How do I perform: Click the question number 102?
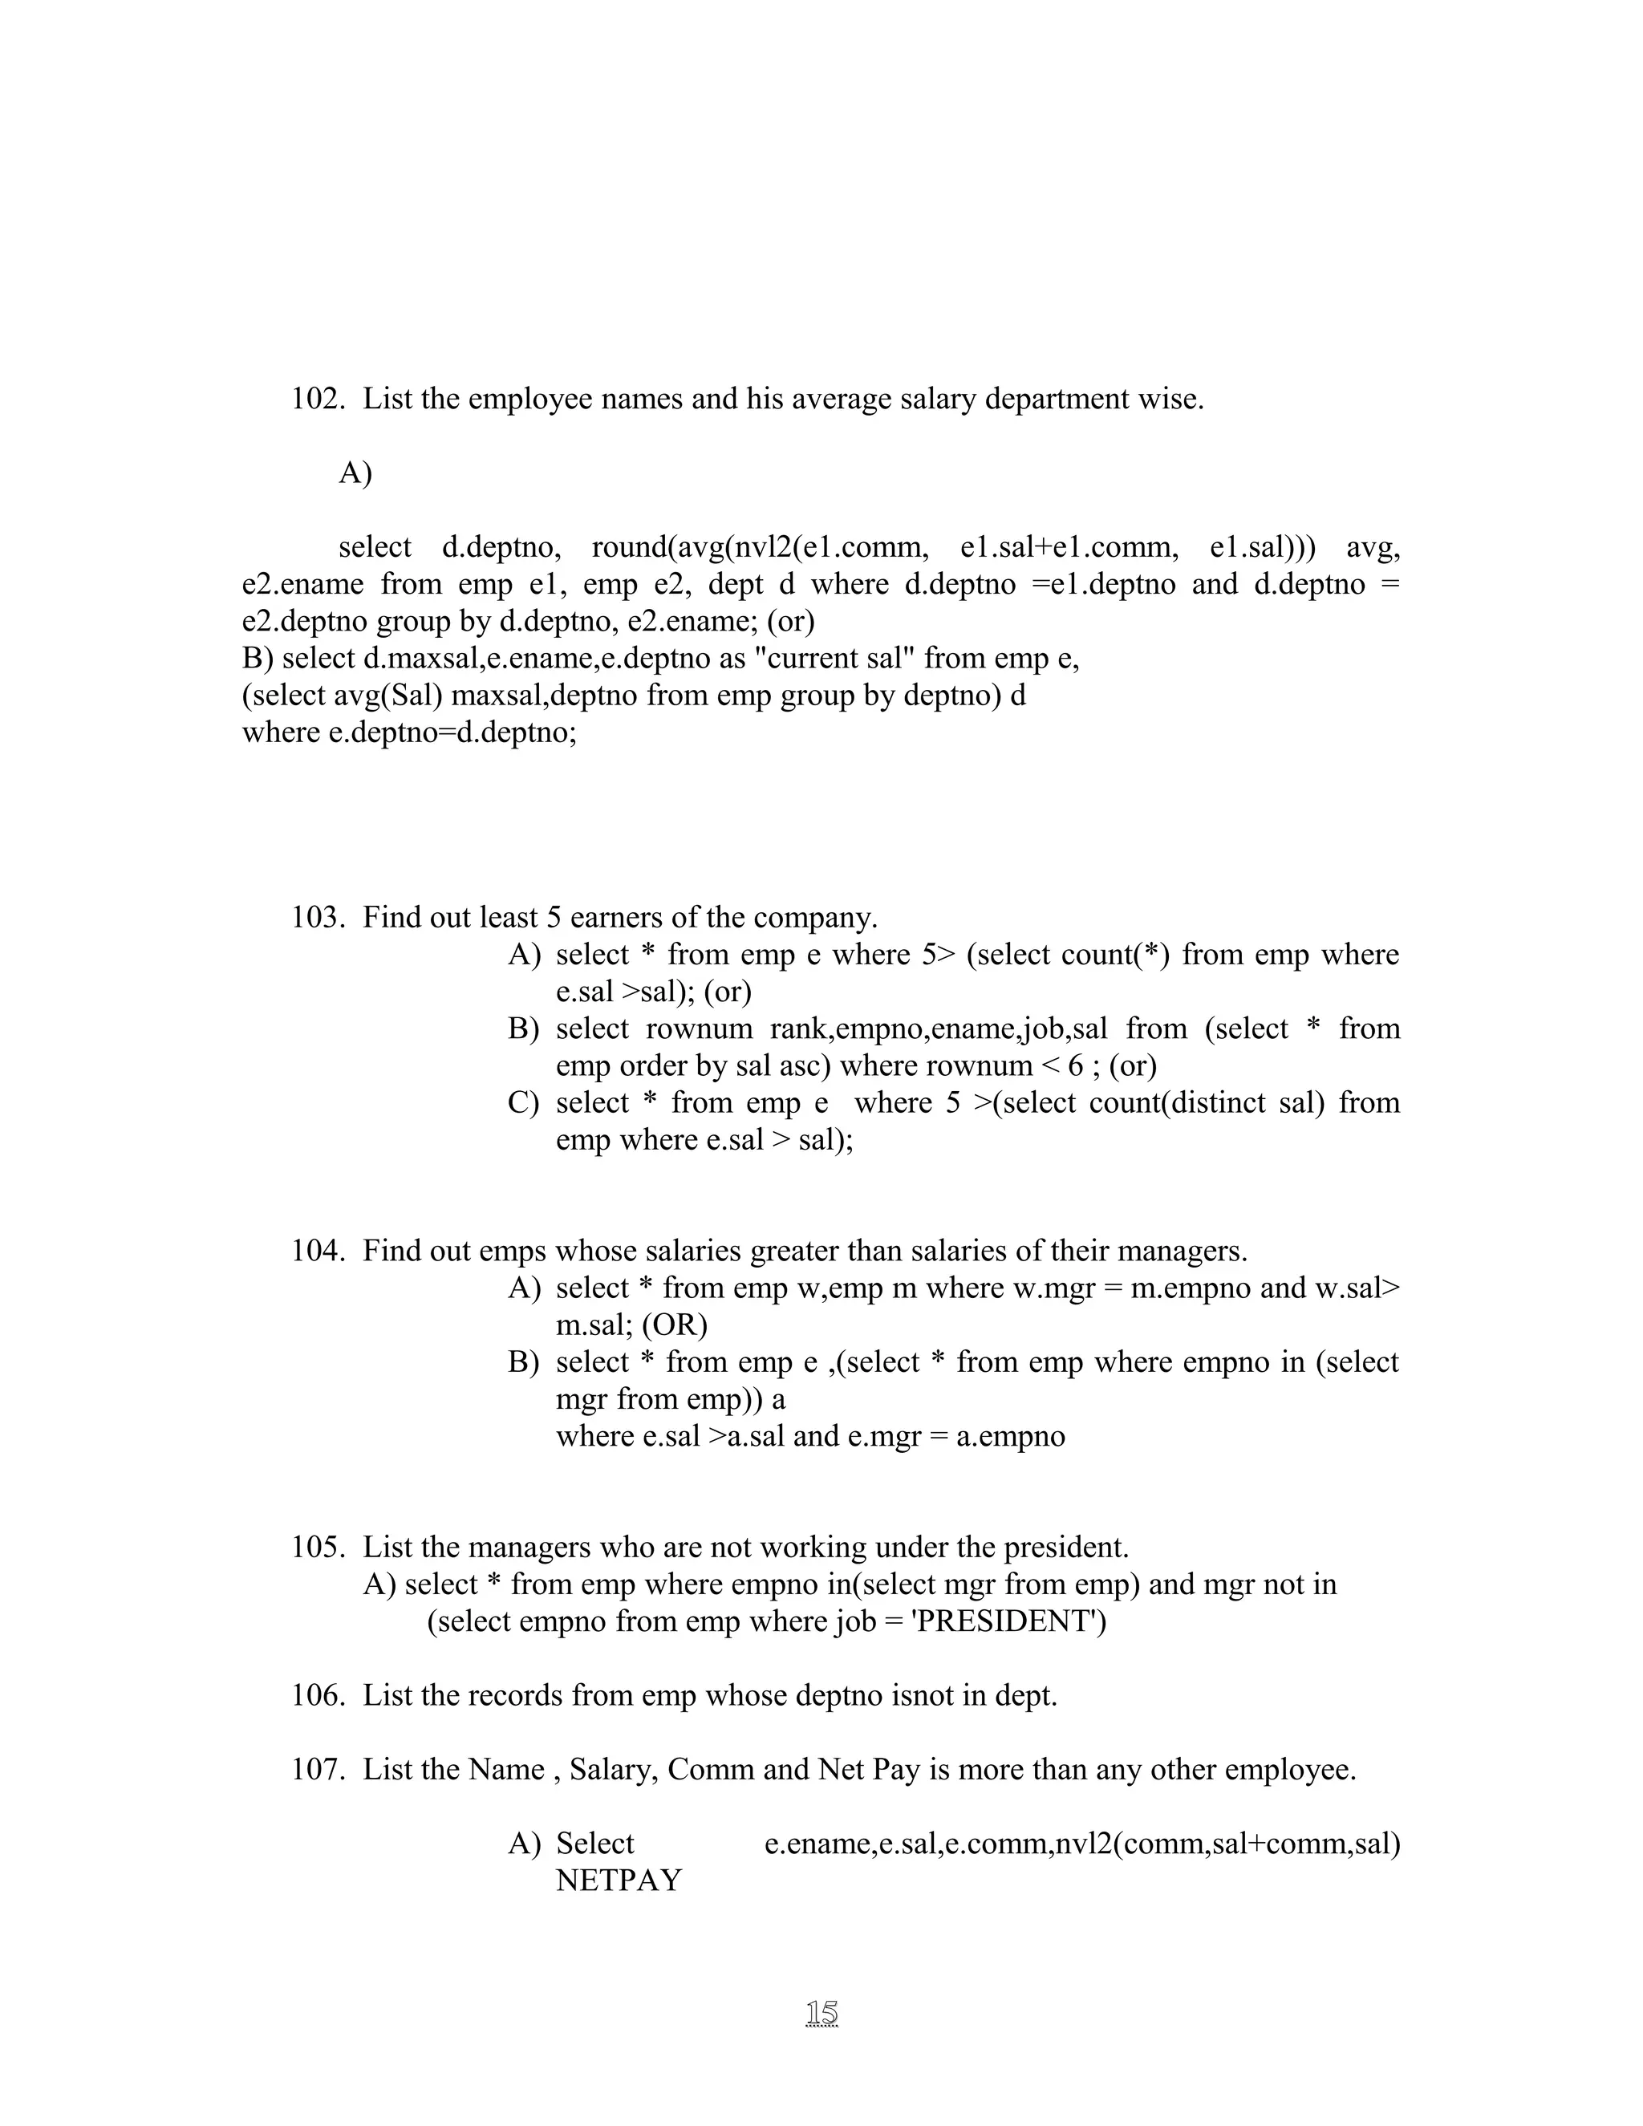(x=318, y=399)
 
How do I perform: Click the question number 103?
(x=318, y=918)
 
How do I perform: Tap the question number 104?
(x=318, y=1251)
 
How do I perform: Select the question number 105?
(x=318, y=1547)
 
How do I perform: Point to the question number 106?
(x=318, y=1696)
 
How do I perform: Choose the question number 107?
(x=318, y=1770)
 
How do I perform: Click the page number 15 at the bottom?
(x=821, y=2012)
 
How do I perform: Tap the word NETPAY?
(x=619, y=1881)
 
